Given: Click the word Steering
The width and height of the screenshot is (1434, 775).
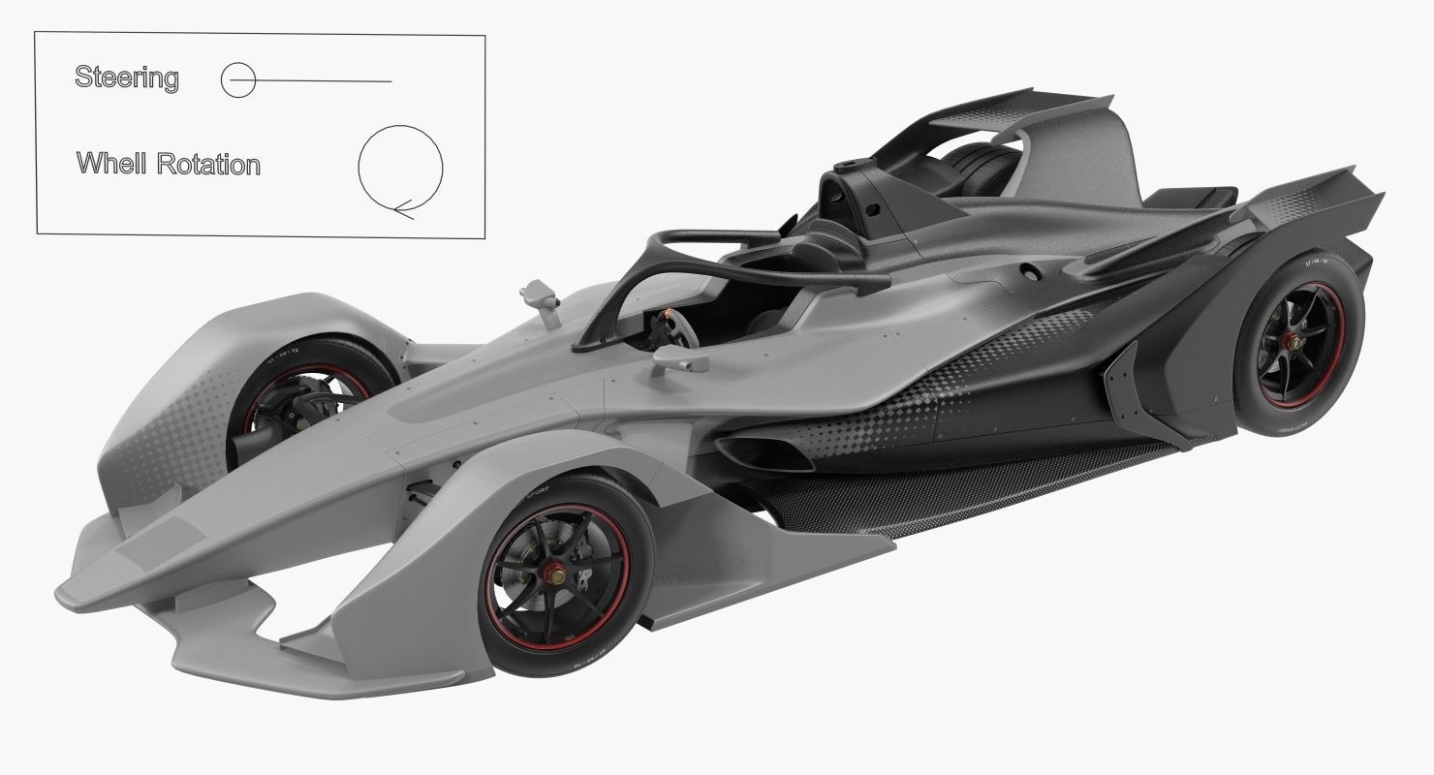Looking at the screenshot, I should [x=126, y=77].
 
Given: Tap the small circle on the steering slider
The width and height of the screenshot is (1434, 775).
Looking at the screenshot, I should [x=237, y=80].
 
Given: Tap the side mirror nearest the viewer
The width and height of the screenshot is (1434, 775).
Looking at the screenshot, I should [x=678, y=360].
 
